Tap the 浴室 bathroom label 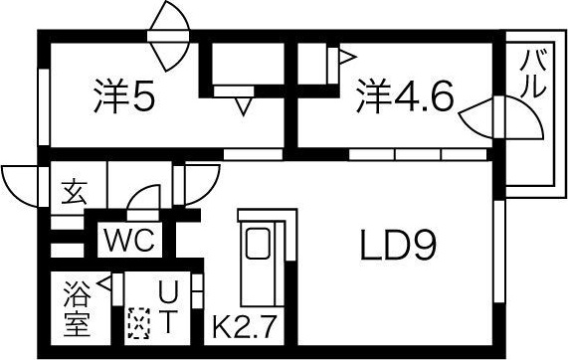[77, 308]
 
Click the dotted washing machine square [138, 324]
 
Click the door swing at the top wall [165, 21]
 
